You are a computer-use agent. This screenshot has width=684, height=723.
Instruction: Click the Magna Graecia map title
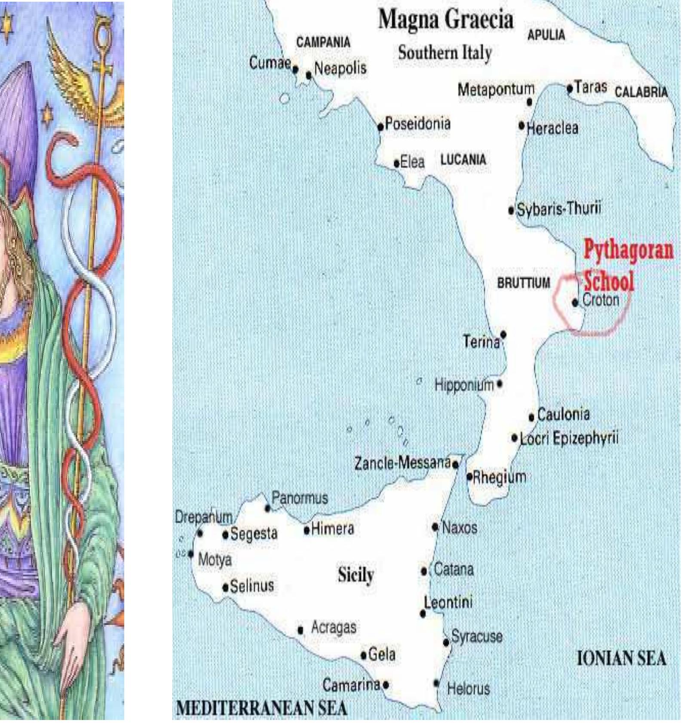(446, 20)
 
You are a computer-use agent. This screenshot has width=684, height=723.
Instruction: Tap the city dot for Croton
(575, 302)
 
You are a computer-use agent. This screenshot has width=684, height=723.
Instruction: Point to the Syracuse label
(477, 637)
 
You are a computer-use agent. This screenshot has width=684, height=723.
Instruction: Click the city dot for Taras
(570, 89)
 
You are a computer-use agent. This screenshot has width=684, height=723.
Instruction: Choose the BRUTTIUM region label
(523, 283)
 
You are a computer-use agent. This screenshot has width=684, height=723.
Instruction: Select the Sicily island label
(356, 575)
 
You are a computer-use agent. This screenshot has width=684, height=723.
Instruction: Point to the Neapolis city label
(340, 68)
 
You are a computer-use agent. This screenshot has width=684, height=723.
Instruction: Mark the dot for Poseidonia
(380, 127)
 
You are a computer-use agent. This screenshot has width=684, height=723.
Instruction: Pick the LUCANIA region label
(463, 160)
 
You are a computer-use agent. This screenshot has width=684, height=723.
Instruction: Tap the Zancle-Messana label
(402, 463)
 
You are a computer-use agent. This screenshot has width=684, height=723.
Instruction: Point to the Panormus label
(300, 498)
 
